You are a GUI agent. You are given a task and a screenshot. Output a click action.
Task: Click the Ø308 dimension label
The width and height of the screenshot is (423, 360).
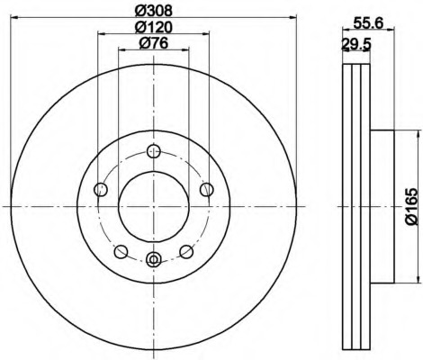tap(154, 11)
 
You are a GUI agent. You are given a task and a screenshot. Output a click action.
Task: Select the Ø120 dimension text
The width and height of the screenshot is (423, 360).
tap(154, 28)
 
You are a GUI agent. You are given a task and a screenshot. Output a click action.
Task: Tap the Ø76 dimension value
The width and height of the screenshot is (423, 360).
tap(153, 44)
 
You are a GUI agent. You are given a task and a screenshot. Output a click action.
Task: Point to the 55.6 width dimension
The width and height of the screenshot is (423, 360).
tap(368, 23)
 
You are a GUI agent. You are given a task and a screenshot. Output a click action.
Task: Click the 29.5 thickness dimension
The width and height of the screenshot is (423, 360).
tap(356, 45)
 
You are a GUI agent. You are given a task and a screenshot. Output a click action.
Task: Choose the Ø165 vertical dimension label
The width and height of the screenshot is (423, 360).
tap(411, 206)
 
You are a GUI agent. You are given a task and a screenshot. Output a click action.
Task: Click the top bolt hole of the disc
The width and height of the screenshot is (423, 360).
tap(154, 151)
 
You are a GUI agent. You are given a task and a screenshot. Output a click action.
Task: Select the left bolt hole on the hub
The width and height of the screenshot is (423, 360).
tap(101, 189)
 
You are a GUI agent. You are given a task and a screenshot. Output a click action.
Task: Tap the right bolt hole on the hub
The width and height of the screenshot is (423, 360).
tap(207, 189)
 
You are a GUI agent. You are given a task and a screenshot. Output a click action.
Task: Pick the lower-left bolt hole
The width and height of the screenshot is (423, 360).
tap(121, 251)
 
